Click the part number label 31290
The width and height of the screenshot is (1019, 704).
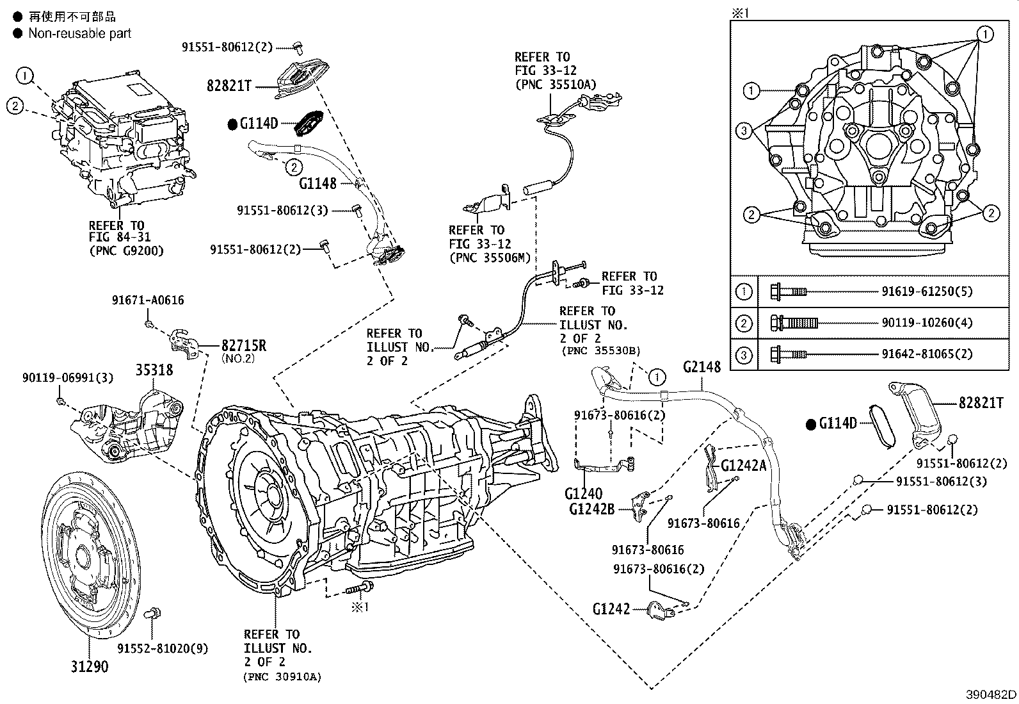89,667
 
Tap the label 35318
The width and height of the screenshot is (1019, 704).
154,370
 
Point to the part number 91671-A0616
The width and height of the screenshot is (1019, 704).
147,300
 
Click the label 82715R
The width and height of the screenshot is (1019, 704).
244,346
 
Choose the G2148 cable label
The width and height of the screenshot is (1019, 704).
702,366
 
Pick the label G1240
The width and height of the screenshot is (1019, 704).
583,494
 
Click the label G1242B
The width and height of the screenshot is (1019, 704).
591,509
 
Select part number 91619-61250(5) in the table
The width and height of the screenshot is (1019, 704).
927,291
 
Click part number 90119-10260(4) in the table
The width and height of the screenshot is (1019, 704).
927,323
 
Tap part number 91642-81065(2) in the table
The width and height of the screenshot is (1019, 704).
927,354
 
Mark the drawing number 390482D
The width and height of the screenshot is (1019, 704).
991,694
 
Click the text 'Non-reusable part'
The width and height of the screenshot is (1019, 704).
79,33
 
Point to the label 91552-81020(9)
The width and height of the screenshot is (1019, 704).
163,648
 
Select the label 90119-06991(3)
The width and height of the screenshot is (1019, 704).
67,378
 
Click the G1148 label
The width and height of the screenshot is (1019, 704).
317,184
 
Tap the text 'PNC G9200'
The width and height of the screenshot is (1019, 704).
126,250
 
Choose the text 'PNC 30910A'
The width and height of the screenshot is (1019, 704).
282,676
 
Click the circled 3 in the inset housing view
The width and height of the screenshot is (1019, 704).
743,131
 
